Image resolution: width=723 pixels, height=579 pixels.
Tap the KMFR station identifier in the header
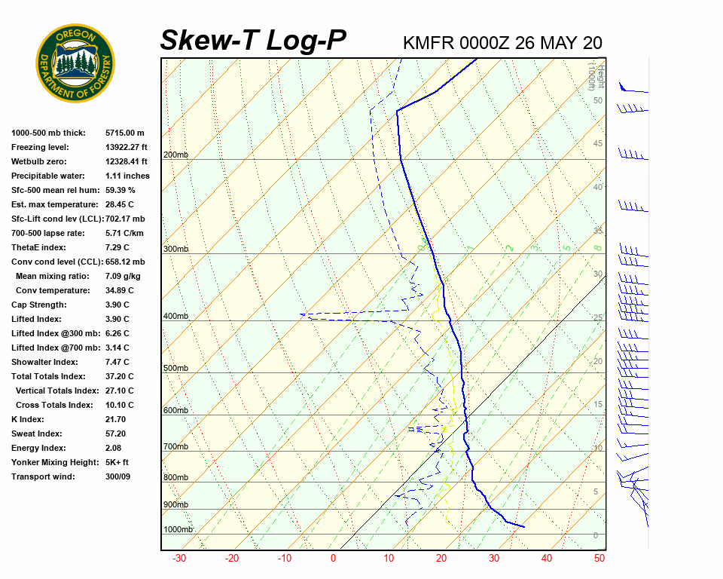pos(429,42)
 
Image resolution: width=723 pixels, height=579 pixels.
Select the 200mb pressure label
pos(175,155)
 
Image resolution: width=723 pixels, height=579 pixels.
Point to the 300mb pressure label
pos(175,249)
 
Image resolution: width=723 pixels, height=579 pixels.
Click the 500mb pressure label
pos(175,368)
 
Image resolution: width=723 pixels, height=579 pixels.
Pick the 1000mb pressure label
pos(178,529)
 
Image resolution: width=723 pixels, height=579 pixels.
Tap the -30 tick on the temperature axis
pos(179,559)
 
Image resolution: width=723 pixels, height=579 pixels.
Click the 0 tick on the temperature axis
pos(333,559)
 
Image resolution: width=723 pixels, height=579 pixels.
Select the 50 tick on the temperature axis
pos(599,559)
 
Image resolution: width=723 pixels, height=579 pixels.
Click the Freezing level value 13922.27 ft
pos(127,147)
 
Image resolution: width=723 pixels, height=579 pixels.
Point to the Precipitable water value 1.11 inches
pos(127,176)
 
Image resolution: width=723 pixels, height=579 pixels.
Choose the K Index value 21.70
pos(116,419)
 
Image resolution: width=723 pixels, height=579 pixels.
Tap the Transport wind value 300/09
pos(117,476)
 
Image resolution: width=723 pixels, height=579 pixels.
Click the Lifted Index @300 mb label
pos(49,333)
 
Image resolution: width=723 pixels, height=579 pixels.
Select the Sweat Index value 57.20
pos(116,433)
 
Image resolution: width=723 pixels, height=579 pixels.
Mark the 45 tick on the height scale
pos(598,143)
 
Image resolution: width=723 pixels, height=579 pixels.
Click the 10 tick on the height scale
pos(598,448)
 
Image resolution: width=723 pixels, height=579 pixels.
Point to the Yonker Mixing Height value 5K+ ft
pos(117,462)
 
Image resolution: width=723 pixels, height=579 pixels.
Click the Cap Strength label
pos(38,305)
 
